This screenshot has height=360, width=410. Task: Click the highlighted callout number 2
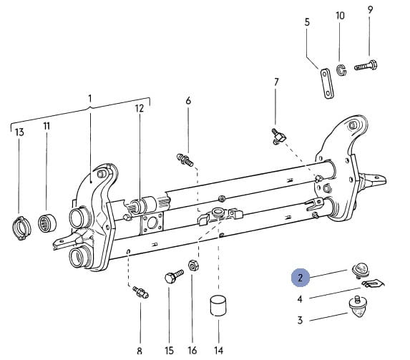click(x=301, y=278)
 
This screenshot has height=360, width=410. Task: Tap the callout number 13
click(x=19, y=132)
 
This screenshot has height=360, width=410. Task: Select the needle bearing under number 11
click(x=47, y=223)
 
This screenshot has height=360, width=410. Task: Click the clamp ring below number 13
click(x=21, y=228)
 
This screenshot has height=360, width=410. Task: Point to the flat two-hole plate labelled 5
click(x=326, y=83)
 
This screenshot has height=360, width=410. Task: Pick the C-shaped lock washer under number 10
click(x=341, y=70)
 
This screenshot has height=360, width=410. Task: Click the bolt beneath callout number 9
click(x=366, y=65)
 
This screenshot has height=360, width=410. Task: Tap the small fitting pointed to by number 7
click(x=278, y=136)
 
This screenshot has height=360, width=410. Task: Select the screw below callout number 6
click(x=185, y=160)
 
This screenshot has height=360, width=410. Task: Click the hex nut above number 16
click(x=193, y=266)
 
